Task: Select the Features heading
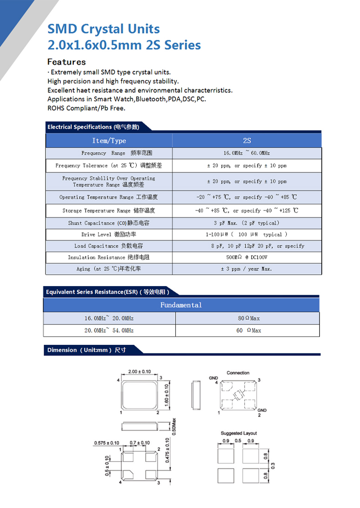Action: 67,62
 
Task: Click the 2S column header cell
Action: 247,140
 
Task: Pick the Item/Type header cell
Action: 109,140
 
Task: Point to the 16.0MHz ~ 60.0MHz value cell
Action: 247,153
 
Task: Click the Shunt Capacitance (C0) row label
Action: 109,223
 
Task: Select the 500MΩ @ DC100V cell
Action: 247,257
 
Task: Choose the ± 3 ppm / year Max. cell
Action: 247,269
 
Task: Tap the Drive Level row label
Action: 109,235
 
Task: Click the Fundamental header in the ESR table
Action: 181,305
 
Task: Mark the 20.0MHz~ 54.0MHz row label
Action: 109,330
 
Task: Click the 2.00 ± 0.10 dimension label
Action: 140,372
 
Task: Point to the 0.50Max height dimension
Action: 174,426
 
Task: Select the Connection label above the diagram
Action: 238,373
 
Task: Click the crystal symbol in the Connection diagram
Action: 237,395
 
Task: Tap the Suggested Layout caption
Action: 239,433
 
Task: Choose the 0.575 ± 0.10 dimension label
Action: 107,443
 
